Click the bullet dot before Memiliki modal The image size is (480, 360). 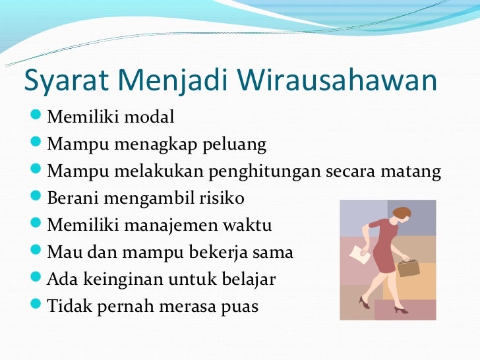[36, 115]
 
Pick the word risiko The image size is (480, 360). [222, 198]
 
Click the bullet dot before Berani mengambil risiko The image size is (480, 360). [36, 196]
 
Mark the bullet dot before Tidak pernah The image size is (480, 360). [36, 303]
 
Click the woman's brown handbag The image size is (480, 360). [408, 267]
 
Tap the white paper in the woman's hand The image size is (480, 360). [360, 255]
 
